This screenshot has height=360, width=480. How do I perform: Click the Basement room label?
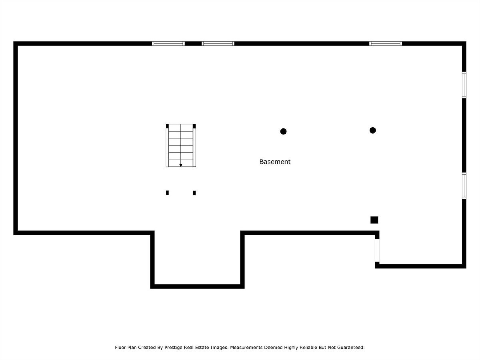click(x=275, y=162)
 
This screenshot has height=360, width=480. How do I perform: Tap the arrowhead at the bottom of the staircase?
click(x=181, y=165)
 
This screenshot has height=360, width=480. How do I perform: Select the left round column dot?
click(x=283, y=131)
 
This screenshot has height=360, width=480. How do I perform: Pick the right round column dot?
click(x=373, y=130)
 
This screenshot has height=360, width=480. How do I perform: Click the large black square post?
click(x=374, y=220)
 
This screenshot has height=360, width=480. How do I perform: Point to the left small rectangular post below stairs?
click(x=167, y=193)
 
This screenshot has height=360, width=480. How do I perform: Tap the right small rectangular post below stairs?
click(x=194, y=193)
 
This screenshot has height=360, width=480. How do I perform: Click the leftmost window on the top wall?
click(x=168, y=44)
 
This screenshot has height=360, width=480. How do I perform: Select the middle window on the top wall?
click(x=218, y=44)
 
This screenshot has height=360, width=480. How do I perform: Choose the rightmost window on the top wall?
click(x=386, y=44)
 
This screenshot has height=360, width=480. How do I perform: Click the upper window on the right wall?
click(x=464, y=85)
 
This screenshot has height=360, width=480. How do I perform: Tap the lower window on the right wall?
click(x=464, y=186)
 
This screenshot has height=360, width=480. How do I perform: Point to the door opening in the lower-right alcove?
click(x=377, y=250)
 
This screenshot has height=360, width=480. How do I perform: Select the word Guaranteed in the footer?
click(x=350, y=347)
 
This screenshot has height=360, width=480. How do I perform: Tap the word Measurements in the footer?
click(x=246, y=347)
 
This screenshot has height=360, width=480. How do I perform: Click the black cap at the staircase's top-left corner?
click(x=167, y=126)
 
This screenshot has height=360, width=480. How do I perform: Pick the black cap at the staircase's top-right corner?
click(x=194, y=126)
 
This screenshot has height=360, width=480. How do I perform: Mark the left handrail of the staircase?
click(x=167, y=148)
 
